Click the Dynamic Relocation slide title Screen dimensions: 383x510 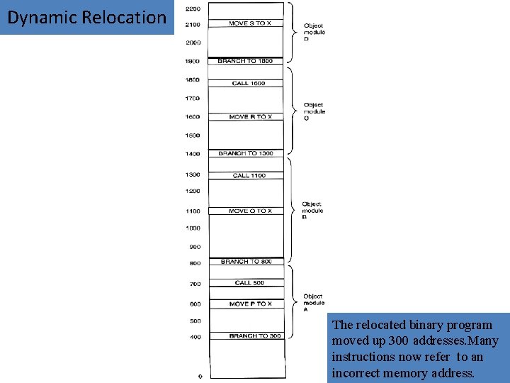pyautogui.click(x=86, y=18)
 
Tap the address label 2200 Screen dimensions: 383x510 pyautogui.click(x=192, y=9)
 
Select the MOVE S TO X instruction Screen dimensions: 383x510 pyautogui.click(x=249, y=23)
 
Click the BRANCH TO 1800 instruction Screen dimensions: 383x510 pyautogui.click(x=245, y=61)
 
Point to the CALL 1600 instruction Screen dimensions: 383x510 pyautogui.click(x=249, y=83)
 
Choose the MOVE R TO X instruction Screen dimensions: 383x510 pyautogui.click(x=250, y=116)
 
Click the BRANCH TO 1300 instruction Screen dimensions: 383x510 pyautogui.click(x=246, y=153)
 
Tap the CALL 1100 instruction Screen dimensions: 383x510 pyautogui.click(x=249, y=175)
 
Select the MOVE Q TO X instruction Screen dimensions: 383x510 pyautogui.click(x=250, y=211)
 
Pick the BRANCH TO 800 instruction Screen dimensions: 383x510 pyautogui.click(x=246, y=262)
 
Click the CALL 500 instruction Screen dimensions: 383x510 pyautogui.click(x=249, y=283)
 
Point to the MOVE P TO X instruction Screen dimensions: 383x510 pyautogui.click(x=250, y=304)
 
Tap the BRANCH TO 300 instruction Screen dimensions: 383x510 pyautogui.click(x=254, y=335)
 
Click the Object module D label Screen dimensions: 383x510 pyautogui.click(x=314, y=32)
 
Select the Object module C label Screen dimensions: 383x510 pyautogui.click(x=314, y=111)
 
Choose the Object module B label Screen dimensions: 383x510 pyautogui.click(x=312, y=210)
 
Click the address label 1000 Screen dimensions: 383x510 pyautogui.click(x=193, y=228)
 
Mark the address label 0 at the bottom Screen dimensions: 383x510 pyautogui.click(x=200, y=376)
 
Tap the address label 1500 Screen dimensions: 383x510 pyautogui.click(x=193, y=135)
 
